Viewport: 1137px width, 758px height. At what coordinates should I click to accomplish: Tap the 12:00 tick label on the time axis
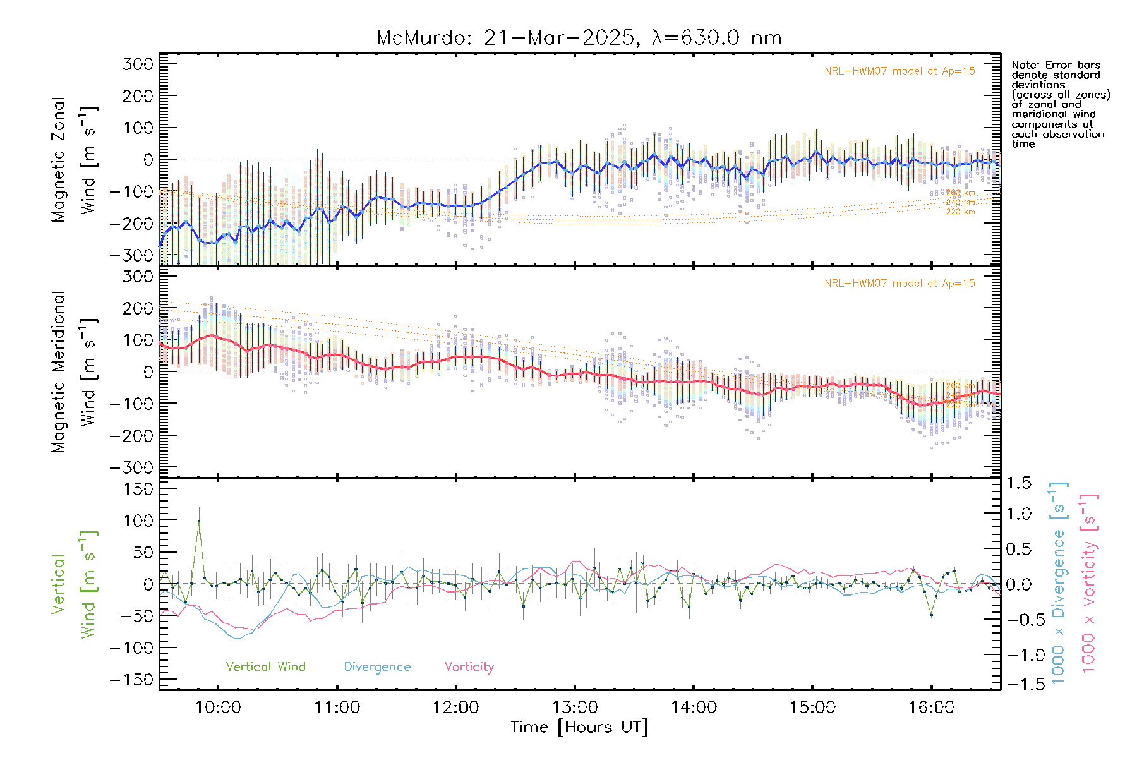click(455, 707)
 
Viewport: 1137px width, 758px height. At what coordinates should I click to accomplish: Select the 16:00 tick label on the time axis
click(931, 707)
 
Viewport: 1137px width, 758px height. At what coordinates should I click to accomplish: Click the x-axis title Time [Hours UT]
click(579, 727)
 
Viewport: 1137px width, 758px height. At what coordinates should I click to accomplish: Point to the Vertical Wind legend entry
click(265, 666)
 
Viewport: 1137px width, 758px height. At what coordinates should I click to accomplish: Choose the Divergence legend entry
click(377, 666)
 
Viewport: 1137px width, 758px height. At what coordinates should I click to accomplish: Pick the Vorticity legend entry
click(469, 666)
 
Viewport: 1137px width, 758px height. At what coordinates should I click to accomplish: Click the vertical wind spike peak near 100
click(199, 520)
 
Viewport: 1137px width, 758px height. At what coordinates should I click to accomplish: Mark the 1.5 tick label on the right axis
click(1018, 483)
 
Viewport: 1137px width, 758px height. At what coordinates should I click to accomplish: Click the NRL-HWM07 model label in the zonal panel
click(899, 71)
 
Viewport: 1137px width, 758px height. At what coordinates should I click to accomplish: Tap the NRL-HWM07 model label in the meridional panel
click(899, 284)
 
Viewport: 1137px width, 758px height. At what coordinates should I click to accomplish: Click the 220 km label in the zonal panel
click(960, 212)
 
